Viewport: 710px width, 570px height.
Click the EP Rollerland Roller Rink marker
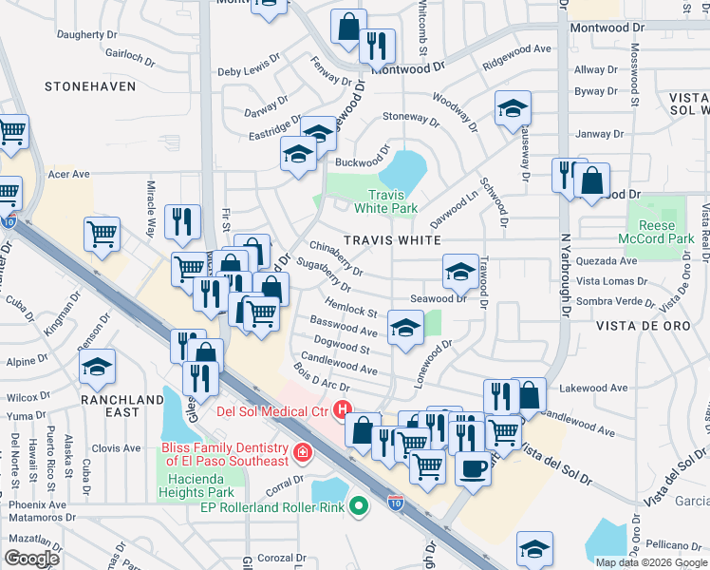point(358,506)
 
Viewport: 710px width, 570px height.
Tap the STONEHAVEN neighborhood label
point(89,86)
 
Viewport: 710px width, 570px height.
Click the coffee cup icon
point(473,466)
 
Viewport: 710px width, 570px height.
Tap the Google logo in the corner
point(31,559)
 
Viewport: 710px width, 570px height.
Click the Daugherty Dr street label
point(92,34)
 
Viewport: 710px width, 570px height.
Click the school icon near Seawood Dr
point(459,273)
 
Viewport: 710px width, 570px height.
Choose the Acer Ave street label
point(68,174)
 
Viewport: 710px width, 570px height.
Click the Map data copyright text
point(651,561)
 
